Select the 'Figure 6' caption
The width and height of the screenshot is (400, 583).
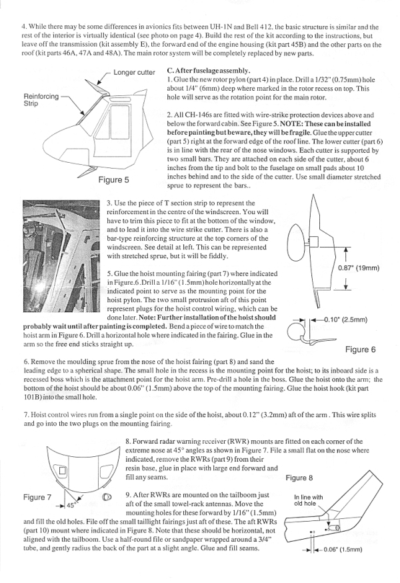pos(360,349)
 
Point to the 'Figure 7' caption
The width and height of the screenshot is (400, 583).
pos(37,497)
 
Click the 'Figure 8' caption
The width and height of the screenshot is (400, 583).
pos(299,478)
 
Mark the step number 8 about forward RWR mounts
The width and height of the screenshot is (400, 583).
pos(127,442)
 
